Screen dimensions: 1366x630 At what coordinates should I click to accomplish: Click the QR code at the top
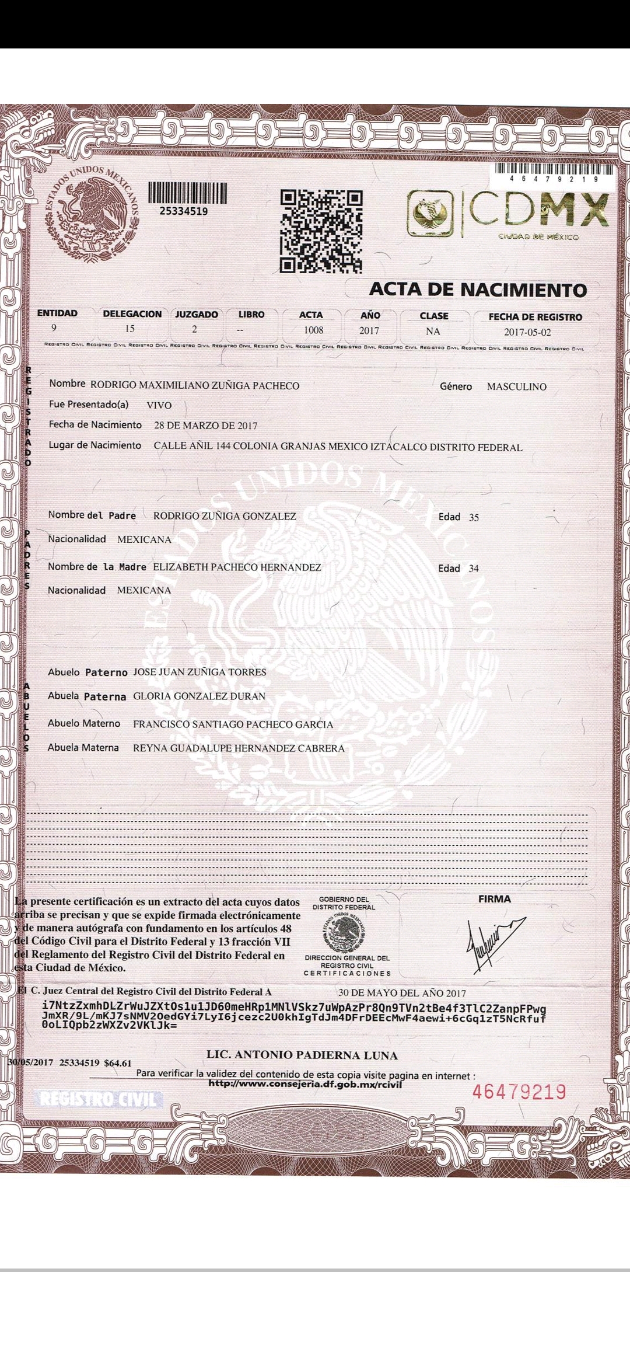321,232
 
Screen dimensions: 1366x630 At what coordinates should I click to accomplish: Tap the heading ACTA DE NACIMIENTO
478,289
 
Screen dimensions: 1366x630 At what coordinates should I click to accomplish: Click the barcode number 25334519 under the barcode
184,211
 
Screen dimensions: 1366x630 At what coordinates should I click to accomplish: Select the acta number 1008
313,330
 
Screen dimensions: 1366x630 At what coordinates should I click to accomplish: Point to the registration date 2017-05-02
527,332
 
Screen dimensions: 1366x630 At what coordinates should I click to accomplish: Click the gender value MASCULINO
516,386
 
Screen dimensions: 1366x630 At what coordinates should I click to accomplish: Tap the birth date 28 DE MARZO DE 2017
205,426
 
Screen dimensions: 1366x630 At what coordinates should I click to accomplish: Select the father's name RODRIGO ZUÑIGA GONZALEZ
225,516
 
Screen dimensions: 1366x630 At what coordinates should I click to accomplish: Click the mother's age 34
474,569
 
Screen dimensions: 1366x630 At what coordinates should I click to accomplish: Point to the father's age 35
474,517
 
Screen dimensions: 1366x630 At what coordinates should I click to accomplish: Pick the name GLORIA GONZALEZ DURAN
199,696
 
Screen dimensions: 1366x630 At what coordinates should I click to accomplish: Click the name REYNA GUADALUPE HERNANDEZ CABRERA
239,748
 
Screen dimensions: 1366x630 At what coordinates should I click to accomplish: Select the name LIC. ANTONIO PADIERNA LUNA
302,1055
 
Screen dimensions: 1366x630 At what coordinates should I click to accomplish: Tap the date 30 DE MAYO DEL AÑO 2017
402,993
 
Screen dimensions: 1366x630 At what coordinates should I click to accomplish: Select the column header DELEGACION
132,314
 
